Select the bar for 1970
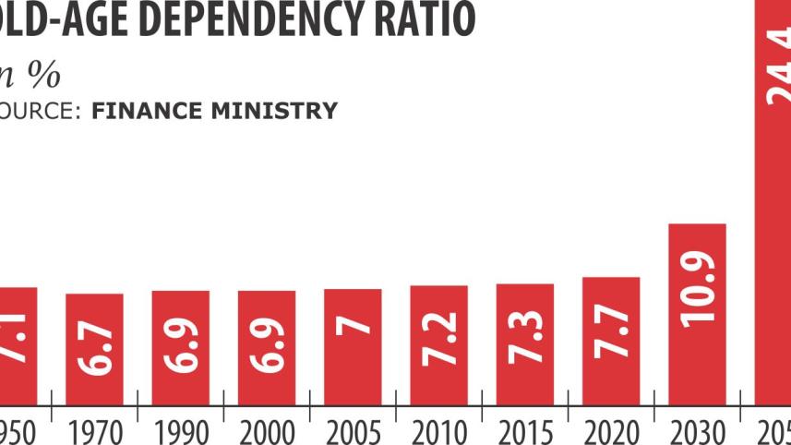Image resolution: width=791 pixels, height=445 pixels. pyautogui.click(x=94, y=348)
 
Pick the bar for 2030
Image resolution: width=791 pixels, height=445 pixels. pyautogui.click(x=698, y=314)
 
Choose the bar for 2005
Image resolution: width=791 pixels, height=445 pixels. pyautogui.click(x=353, y=346)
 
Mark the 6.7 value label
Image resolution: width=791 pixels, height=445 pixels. pyautogui.click(x=95, y=345)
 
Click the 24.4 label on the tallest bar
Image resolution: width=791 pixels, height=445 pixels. pyautogui.click(x=778, y=69)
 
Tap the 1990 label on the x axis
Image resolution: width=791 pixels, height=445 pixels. pyautogui.click(x=180, y=431)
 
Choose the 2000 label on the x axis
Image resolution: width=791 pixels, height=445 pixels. pyautogui.click(x=266, y=431)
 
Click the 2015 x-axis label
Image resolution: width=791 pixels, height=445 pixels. pyautogui.click(x=525, y=431)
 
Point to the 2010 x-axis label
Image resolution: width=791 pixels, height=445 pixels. pyautogui.click(x=439, y=431)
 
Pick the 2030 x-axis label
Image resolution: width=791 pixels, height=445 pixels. pyautogui.click(x=698, y=431)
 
